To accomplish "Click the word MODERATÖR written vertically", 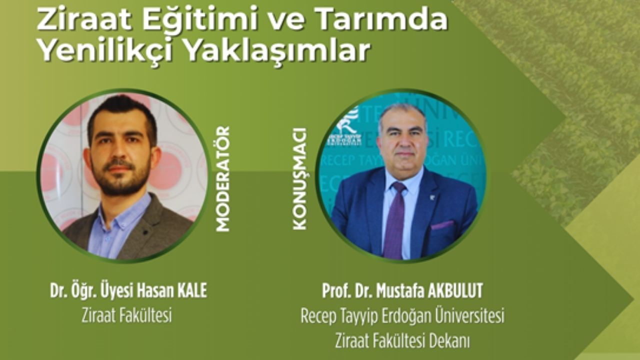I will (223, 179).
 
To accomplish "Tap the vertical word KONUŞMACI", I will (299, 179).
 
